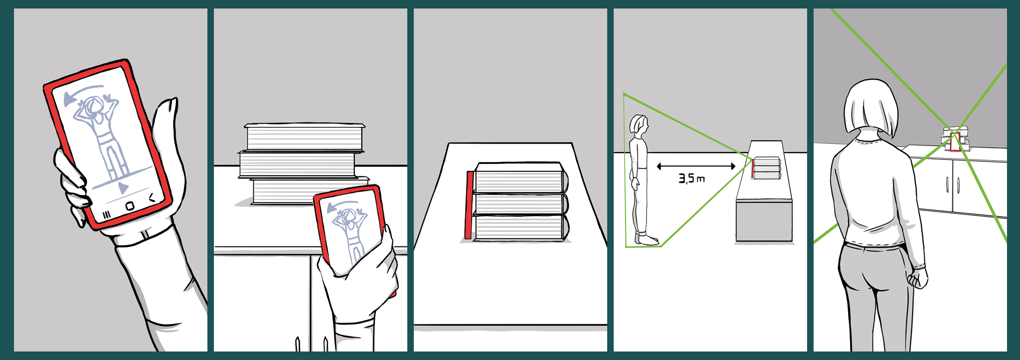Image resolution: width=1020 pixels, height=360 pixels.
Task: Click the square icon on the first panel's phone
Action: pyautogui.click(x=129, y=205)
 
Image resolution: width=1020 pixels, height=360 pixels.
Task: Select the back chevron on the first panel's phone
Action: pyautogui.click(x=152, y=198)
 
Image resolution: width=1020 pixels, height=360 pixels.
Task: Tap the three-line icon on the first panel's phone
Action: pyautogui.click(x=106, y=215)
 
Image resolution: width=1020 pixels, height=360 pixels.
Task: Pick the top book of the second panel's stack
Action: pyautogui.click(x=304, y=136)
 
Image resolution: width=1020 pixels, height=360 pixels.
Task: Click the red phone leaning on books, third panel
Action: pyautogui.click(x=469, y=205)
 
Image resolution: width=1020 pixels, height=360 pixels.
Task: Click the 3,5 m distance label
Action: pyautogui.click(x=691, y=178)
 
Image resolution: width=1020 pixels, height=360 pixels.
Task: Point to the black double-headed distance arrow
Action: pyautogui.click(x=696, y=166)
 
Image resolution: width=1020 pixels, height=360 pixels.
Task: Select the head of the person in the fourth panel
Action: pyautogui.click(x=638, y=125)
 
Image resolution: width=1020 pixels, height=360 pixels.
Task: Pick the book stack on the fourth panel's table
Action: pyautogui.click(x=767, y=168)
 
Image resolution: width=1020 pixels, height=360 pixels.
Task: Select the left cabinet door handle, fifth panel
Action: pyautogui.click(x=948, y=184)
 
